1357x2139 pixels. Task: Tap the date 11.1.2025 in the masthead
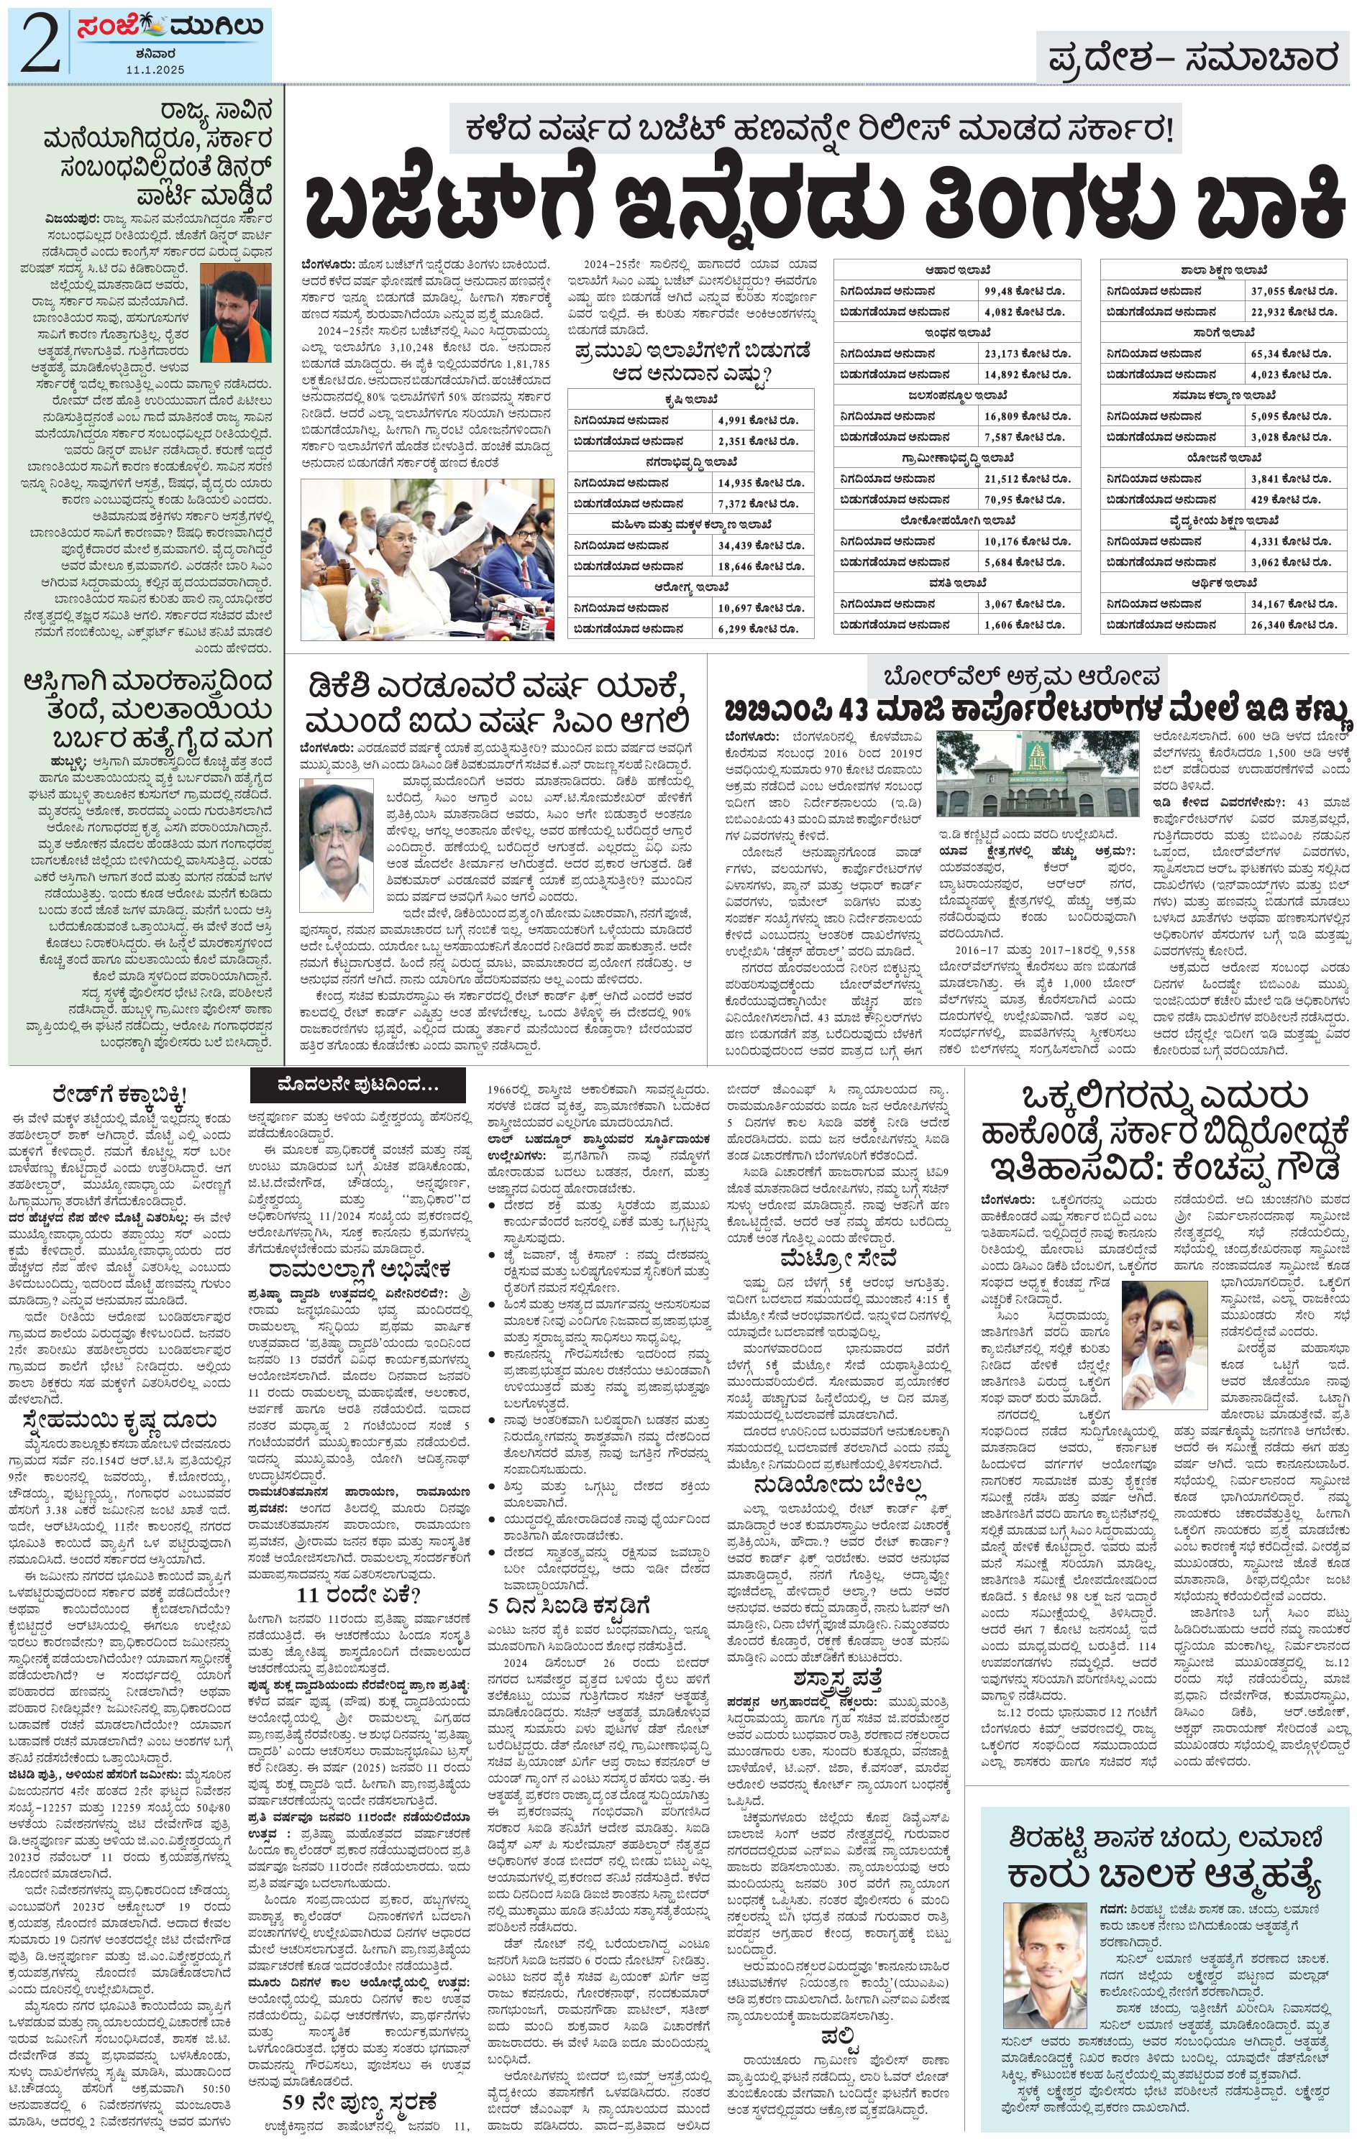155,69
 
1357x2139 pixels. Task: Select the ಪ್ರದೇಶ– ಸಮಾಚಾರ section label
1192,59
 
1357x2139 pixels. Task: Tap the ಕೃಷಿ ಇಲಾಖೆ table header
690,399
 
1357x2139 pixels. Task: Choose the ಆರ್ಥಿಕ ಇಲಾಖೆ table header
1224,583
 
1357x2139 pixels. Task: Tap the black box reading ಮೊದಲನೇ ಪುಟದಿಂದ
357,1085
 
